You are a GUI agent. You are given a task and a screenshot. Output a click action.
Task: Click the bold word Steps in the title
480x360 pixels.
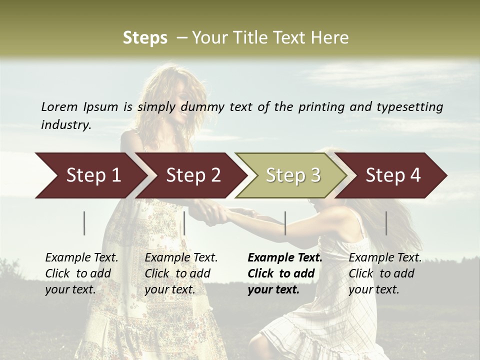[x=145, y=38]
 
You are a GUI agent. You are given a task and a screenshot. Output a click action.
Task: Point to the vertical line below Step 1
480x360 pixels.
[x=84, y=223]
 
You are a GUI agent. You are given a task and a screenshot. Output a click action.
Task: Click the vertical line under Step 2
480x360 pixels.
[x=184, y=223]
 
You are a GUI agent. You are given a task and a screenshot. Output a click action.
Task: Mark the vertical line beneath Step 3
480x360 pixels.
[x=285, y=223]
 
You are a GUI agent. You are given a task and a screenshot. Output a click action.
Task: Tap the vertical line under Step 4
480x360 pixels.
[x=386, y=223]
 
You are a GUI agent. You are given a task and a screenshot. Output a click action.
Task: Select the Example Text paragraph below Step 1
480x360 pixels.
[x=81, y=273]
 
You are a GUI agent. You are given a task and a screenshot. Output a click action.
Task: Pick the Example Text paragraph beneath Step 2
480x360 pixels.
[x=181, y=273]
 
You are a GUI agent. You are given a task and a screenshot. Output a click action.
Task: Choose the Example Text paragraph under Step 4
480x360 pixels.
[x=385, y=273]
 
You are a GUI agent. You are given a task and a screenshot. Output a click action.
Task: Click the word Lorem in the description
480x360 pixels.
[x=59, y=107]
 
